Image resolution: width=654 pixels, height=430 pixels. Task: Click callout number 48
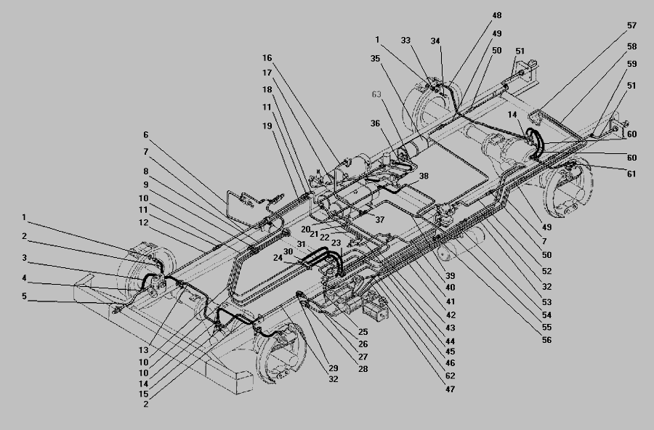pyautogui.click(x=496, y=15)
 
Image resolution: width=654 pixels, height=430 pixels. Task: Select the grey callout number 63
pyautogui.click(x=376, y=94)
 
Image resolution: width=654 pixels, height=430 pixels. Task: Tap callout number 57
pyautogui.click(x=632, y=25)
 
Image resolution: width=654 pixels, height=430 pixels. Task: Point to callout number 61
pyautogui.click(x=630, y=174)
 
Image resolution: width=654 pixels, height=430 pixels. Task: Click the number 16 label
pyautogui.click(x=267, y=57)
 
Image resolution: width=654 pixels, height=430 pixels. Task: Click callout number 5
pyautogui.click(x=24, y=296)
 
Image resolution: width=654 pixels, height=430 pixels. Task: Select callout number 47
pyautogui.click(x=450, y=389)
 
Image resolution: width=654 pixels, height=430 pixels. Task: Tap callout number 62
pyautogui.click(x=450, y=376)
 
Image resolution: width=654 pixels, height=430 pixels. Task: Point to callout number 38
pyautogui.click(x=424, y=177)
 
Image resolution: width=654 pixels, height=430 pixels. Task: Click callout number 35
pyautogui.click(x=376, y=58)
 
